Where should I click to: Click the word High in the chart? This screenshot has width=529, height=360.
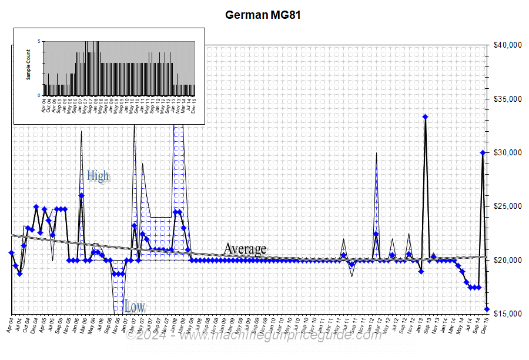98,175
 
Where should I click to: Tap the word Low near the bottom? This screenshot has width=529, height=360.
135,306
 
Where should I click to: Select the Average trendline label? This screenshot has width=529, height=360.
245,249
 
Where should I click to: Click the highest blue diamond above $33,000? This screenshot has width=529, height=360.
425,117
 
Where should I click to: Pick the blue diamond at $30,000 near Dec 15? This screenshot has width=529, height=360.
483,152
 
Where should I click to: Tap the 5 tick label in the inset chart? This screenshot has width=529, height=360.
39,41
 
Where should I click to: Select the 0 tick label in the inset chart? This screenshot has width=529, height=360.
39,95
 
